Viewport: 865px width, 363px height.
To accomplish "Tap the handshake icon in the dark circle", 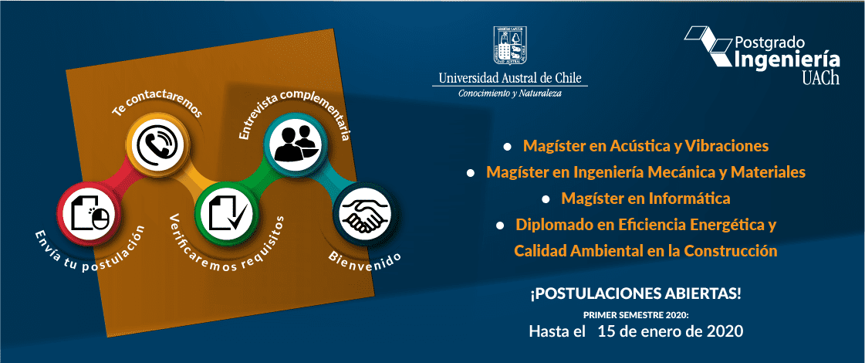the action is click(x=362, y=215).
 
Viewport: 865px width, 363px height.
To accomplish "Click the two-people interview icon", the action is click(x=296, y=143).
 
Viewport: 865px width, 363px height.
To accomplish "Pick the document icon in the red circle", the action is click(x=88, y=212).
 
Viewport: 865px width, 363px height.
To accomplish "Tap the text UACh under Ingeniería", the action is click(x=820, y=79).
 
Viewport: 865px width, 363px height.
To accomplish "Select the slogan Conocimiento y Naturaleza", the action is click(x=510, y=93).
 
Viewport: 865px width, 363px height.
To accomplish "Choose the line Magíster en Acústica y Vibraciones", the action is click(x=645, y=147).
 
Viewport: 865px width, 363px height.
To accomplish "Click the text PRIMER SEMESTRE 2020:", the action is click(x=636, y=315).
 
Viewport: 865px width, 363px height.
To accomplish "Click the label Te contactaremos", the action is click(x=157, y=107).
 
